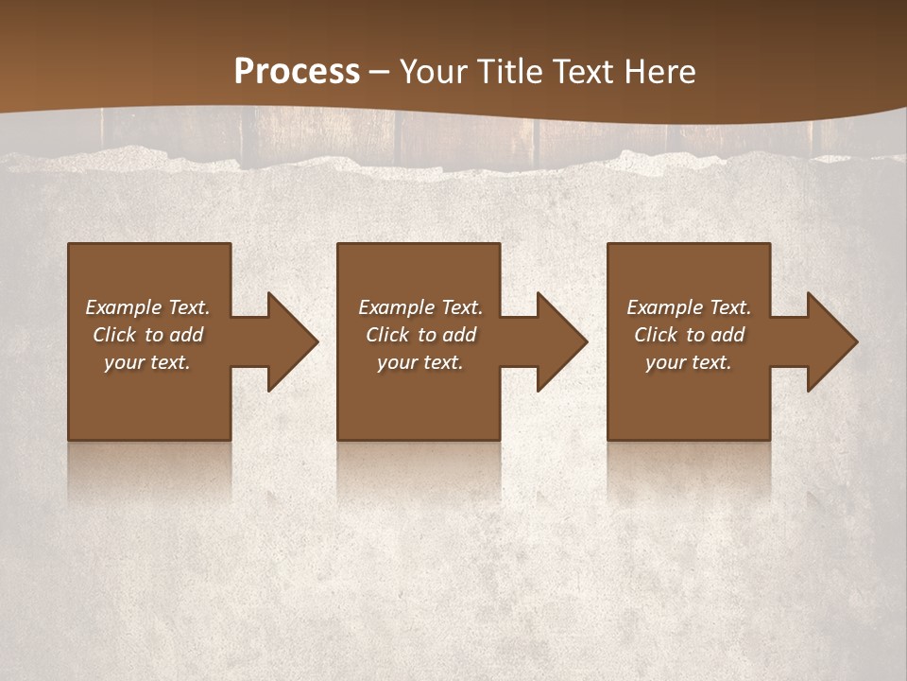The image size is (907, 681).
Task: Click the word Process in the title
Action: [297, 72]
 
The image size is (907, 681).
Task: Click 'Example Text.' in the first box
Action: [147, 307]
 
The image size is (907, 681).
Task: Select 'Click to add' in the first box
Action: [147, 335]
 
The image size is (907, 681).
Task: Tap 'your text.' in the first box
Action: [147, 362]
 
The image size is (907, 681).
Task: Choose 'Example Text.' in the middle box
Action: [420, 307]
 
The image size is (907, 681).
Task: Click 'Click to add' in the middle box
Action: [420, 335]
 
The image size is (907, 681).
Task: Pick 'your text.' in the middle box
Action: [420, 362]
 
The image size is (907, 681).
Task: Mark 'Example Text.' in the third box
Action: [689, 307]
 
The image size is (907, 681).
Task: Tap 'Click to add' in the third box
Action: [689, 335]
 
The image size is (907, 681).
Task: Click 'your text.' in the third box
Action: [689, 362]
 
